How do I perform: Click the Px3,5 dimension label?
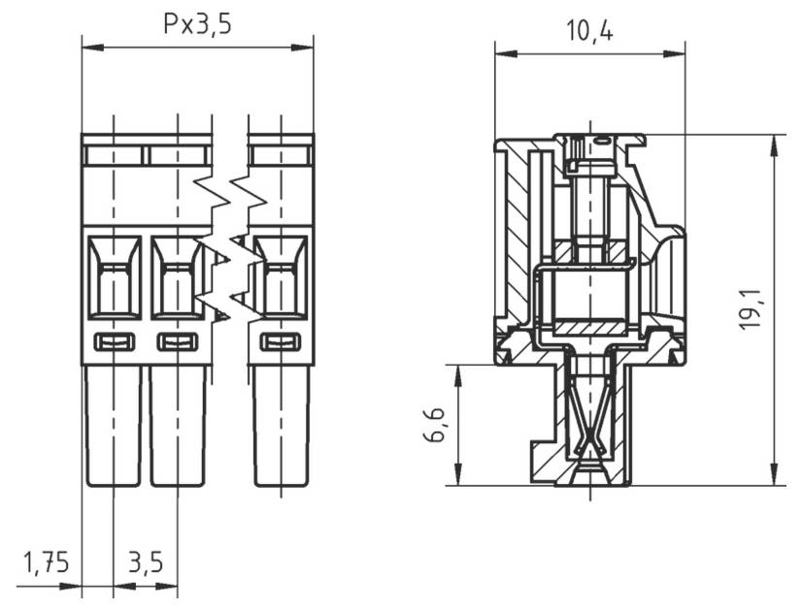[x=197, y=23]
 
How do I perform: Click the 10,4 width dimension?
[x=589, y=31]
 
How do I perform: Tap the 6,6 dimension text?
[x=434, y=425]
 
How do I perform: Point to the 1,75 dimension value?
[x=46, y=562]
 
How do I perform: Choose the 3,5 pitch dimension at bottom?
[x=146, y=562]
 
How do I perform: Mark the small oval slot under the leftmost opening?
[x=114, y=341]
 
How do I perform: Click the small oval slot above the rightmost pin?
[x=282, y=341]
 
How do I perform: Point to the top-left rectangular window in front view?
[x=114, y=155]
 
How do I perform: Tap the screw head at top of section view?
[x=589, y=145]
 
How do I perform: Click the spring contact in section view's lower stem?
[x=589, y=427]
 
